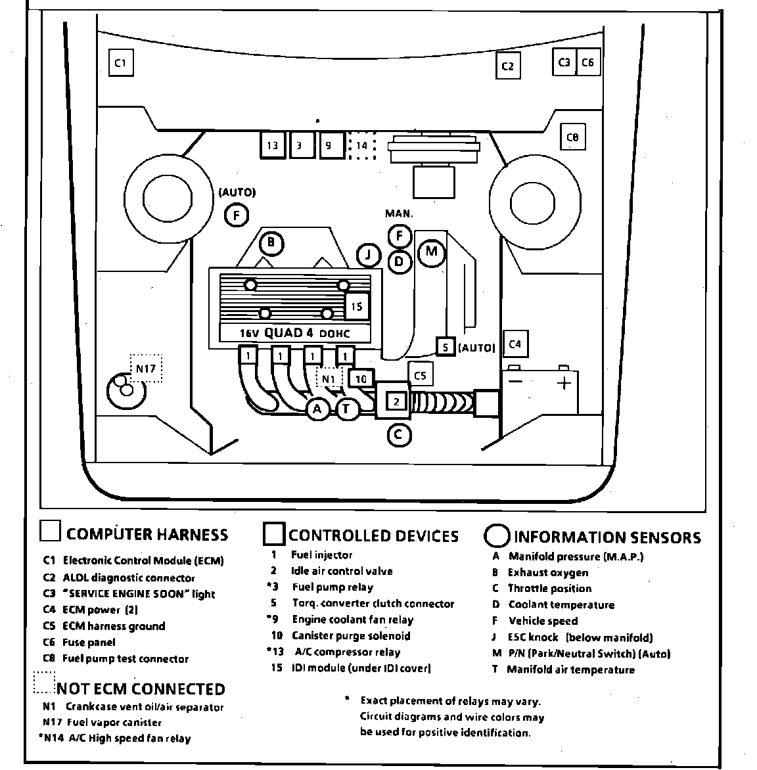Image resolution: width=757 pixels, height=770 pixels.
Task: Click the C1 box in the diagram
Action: (120, 64)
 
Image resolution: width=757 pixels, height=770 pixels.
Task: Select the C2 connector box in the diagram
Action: (507, 65)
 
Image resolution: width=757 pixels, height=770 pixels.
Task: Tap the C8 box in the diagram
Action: (572, 137)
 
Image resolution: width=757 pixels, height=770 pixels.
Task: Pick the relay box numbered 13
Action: (272, 146)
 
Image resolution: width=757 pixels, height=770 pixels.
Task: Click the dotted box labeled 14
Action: (361, 146)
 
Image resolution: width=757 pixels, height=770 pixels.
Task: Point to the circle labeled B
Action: (271, 244)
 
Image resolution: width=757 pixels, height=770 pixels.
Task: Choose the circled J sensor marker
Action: (369, 255)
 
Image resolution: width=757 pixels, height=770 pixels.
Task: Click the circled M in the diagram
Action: (431, 251)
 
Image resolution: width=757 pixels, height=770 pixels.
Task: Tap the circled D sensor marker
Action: (399, 261)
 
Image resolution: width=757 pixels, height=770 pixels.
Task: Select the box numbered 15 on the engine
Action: (357, 306)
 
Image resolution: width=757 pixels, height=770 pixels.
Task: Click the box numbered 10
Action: (361, 378)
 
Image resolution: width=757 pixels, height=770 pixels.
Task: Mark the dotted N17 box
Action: (145, 369)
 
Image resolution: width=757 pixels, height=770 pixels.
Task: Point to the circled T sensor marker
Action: (348, 409)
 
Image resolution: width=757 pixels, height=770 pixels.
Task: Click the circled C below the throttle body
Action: (398, 434)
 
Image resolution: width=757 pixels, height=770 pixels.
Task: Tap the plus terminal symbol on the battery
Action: (563, 383)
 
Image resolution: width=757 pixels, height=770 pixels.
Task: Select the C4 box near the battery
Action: (515, 344)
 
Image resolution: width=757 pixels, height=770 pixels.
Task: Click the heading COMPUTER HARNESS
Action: (147, 534)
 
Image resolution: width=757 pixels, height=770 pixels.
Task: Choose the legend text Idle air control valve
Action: (342, 571)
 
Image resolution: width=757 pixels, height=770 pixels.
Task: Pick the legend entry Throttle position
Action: (550, 589)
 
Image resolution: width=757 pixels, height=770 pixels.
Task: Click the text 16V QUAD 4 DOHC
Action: (294, 333)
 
